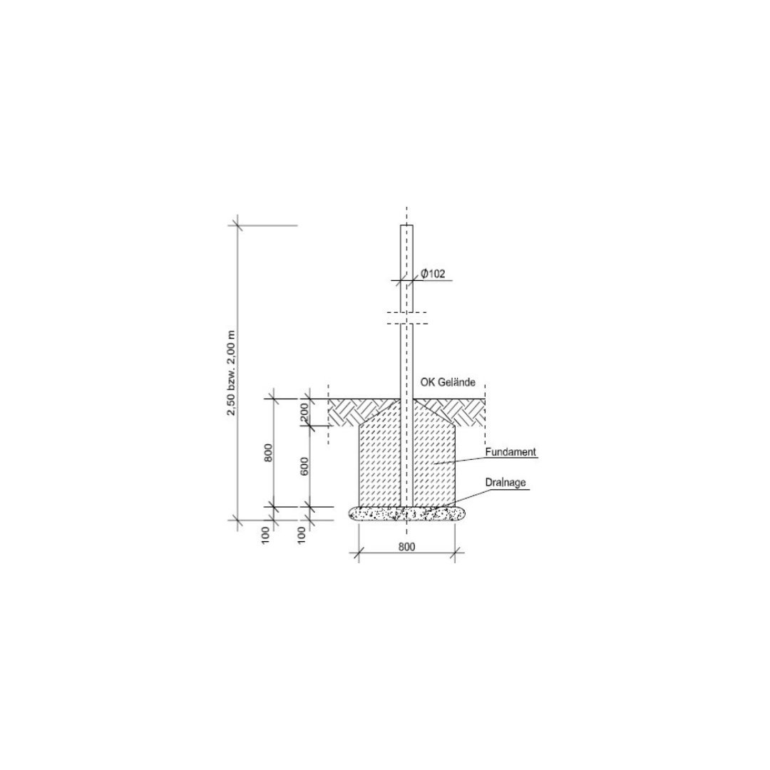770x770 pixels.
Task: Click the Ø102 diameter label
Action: [433, 274]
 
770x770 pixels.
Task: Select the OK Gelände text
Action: [447, 382]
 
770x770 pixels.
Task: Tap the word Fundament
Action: [510, 452]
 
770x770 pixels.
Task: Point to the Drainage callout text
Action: [505, 483]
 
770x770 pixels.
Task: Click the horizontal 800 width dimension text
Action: [406, 547]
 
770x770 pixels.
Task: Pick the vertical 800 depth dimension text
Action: [268, 452]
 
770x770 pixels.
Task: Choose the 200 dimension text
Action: [304, 411]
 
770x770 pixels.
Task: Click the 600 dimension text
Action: [304, 466]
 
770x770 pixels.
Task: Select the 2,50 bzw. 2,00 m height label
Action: [231, 373]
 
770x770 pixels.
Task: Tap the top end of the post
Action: [406, 225]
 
